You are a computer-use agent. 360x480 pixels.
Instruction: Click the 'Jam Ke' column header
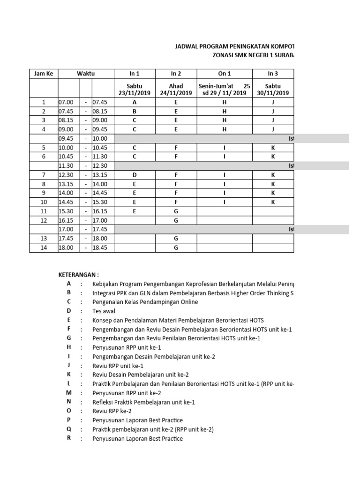(x=44, y=74)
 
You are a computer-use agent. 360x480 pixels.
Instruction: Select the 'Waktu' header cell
(x=86, y=74)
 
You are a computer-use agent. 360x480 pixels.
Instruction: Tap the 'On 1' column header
(x=225, y=74)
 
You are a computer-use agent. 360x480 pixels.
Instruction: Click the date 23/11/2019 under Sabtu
(x=135, y=93)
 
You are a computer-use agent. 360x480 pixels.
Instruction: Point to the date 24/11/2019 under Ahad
(x=176, y=93)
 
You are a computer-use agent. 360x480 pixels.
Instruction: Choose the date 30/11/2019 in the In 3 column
(x=273, y=93)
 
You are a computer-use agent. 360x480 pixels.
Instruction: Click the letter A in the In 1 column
(x=135, y=102)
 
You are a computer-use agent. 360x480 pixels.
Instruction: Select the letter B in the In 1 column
(x=135, y=111)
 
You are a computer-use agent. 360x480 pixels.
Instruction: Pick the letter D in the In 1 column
(x=135, y=175)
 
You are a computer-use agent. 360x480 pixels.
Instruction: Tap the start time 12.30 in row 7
(x=66, y=175)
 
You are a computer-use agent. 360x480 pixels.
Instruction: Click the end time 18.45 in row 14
(x=100, y=248)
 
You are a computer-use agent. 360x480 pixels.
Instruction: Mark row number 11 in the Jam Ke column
(x=44, y=211)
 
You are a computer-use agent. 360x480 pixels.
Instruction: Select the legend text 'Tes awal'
(x=104, y=311)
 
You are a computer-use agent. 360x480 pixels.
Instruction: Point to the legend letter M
(x=69, y=393)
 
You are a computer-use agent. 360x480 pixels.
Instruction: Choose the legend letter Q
(x=69, y=429)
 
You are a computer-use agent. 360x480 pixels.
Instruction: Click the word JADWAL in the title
(x=187, y=47)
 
